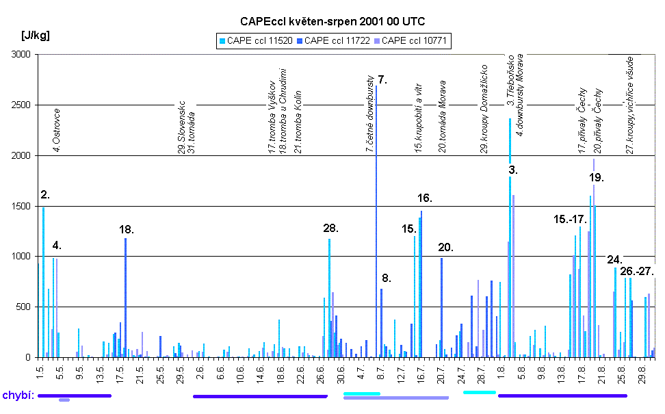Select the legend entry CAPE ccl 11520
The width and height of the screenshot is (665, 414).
(x=258, y=41)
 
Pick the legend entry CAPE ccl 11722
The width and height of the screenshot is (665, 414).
(x=336, y=41)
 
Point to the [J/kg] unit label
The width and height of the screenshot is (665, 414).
(x=35, y=35)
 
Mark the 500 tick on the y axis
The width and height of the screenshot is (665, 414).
(x=25, y=307)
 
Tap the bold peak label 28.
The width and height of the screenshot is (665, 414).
(x=330, y=228)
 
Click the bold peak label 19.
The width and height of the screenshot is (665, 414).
(x=596, y=177)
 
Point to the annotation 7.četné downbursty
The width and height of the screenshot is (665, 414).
(x=369, y=113)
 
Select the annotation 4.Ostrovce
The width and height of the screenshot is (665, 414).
(x=57, y=129)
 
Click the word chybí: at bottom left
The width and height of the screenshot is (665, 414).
(x=18, y=396)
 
